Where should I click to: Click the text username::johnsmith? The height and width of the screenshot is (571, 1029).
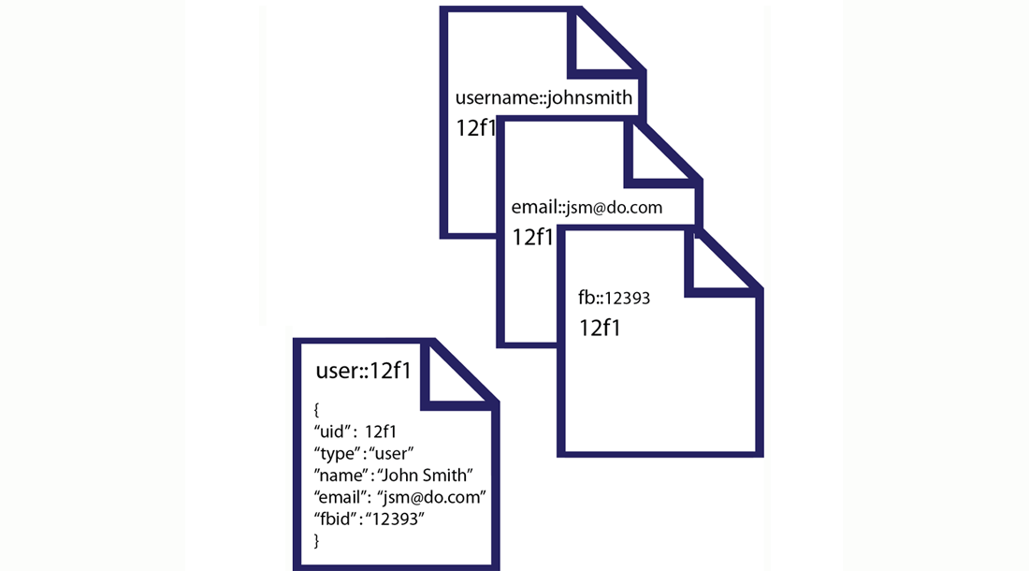pyautogui.click(x=543, y=97)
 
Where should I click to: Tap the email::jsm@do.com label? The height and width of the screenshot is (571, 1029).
pyautogui.click(x=587, y=207)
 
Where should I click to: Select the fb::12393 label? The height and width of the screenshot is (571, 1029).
pyautogui.click(x=614, y=299)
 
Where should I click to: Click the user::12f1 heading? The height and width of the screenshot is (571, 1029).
pyautogui.click(x=364, y=371)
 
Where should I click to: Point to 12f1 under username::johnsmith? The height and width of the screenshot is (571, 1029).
pyautogui.click(x=475, y=128)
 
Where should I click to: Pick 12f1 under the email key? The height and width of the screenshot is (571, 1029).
pyautogui.click(x=533, y=237)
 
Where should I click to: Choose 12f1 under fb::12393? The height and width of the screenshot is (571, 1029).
pyautogui.click(x=601, y=328)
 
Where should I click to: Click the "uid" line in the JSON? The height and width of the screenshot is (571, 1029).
pyautogui.click(x=356, y=432)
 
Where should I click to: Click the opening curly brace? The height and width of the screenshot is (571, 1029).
pyautogui.click(x=318, y=409)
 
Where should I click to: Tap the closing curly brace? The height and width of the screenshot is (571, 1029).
pyautogui.click(x=317, y=540)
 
